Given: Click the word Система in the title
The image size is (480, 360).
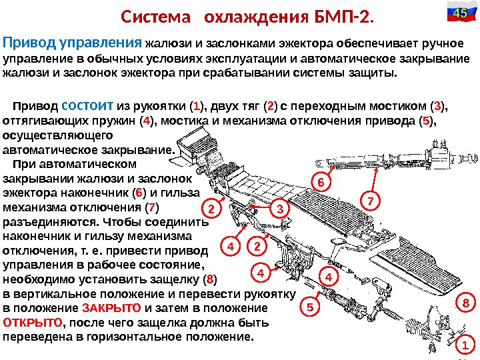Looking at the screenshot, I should point(151,15).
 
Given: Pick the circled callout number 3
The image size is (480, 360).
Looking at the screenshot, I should point(279,209).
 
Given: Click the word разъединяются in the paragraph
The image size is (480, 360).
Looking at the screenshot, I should point(46,222).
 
